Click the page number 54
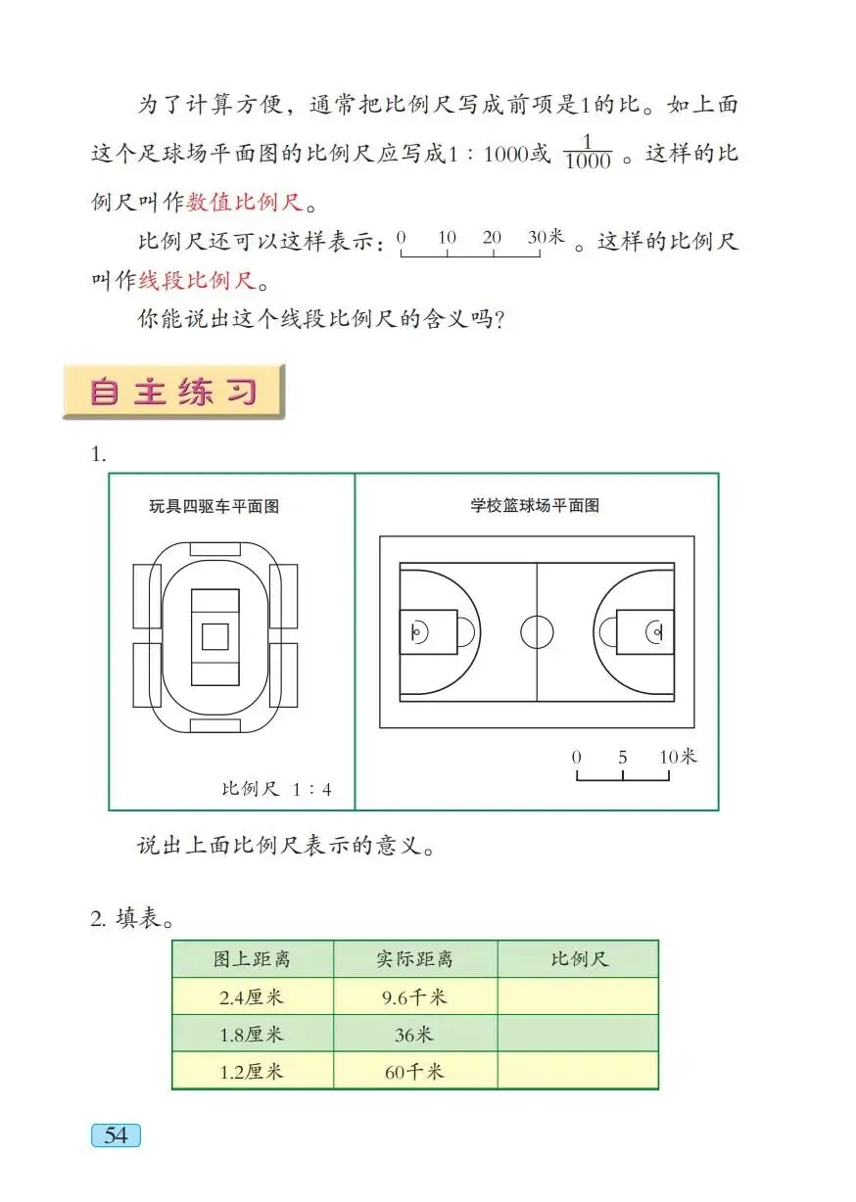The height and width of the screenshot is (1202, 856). pyautogui.click(x=116, y=1135)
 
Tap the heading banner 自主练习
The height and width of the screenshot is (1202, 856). pyautogui.click(x=173, y=392)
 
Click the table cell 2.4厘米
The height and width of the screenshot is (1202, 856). pyautogui.click(x=252, y=996)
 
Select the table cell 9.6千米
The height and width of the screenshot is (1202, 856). pyautogui.click(x=415, y=996)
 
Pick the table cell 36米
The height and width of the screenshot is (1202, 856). pyautogui.click(x=415, y=1034)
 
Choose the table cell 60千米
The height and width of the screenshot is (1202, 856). pyautogui.click(x=415, y=1071)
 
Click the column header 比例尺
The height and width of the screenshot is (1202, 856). pyautogui.click(x=578, y=959)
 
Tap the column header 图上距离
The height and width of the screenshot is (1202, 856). pyautogui.click(x=252, y=959)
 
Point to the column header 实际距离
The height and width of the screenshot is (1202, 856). pyautogui.click(x=415, y=959)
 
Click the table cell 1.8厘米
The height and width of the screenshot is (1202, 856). pyautogui.click(x=252, y=1034)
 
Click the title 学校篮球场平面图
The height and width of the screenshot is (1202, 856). pyautogui.click(x=535, y=506)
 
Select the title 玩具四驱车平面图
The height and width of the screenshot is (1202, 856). pyautogui.click(x=214, y=506)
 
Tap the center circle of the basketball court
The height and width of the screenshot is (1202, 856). pyautogui.click(x=537, y=632)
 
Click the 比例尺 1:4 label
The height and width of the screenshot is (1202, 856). pyautogui.click(x=276, y=789)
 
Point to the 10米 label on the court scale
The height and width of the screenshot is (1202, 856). pyautogui.click(x=677, y=757)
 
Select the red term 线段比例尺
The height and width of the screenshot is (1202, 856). pyautogui.click(x=197, y=280)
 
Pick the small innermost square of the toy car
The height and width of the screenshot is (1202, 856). pyautogui.click(x=214, y=635)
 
